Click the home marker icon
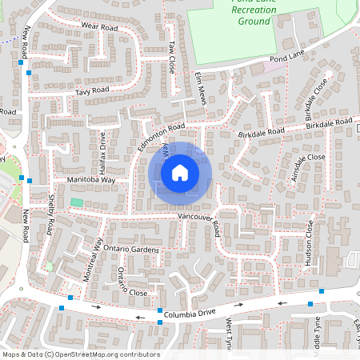[180, 171]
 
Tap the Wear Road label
[100, 27]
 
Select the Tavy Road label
[92, 91]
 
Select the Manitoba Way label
[91, 181]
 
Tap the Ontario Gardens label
[130, 250]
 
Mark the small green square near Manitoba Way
[77, 202]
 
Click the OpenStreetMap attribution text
[80, 354]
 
